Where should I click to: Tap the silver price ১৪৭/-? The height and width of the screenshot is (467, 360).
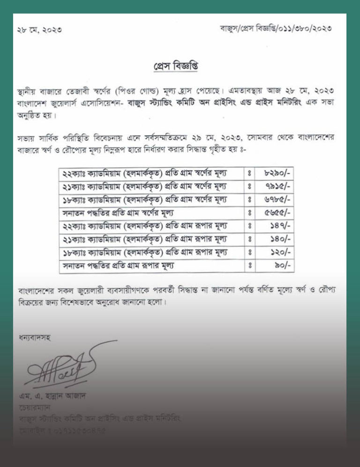coord(280,226)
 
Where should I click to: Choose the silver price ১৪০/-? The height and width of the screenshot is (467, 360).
coord(280,239)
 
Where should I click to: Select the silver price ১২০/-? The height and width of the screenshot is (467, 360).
coord(280,252)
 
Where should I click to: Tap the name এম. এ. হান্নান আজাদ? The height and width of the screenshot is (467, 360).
coord(52,396)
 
